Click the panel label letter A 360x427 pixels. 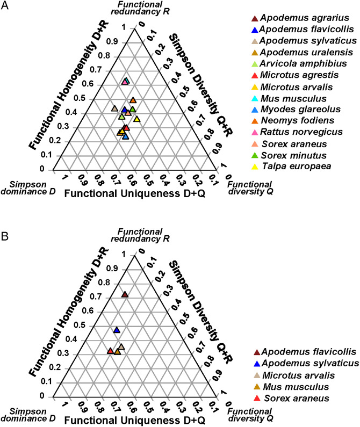tap(5, 5)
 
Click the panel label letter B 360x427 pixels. tap(5, 236)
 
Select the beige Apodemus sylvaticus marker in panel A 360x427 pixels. tap(115, 108)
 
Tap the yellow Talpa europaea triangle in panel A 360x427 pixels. tap(137, 119)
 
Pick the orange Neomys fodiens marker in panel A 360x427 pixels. tap(133, 100)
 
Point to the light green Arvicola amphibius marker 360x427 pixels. tap(122, 117)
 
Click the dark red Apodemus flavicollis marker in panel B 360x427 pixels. tap(125, 294)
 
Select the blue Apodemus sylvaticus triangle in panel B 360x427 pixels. tap(117, 330)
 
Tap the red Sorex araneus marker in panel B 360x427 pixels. tap(110, 351)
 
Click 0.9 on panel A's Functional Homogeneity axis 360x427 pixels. tap(112, 42)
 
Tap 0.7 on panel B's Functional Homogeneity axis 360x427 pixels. tap(96, 296)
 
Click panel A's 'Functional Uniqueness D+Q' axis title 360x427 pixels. tap(135, 193)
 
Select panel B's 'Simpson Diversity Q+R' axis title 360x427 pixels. tap(201, 312)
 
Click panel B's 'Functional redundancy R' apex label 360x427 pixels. tap(140, 235)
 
